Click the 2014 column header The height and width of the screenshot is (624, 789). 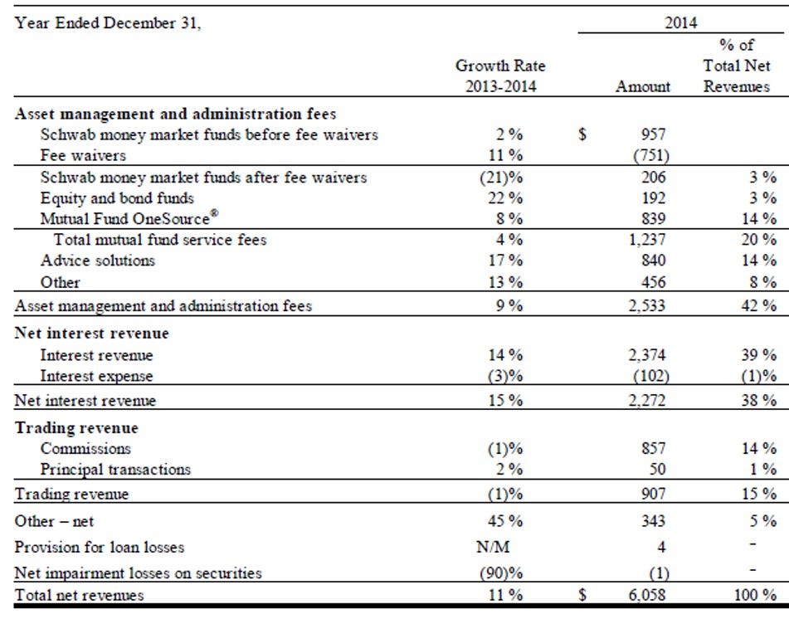point(681,22)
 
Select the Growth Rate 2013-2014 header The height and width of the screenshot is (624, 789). point(500,76)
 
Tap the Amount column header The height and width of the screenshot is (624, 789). point(643,86)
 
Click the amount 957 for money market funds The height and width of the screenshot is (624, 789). point(653,134)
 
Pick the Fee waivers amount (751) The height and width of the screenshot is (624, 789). point(651,155)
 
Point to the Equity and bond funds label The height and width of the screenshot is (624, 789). point(117,198)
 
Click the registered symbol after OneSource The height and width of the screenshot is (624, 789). point(214,213)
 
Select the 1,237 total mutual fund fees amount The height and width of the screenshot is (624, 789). point(647,240)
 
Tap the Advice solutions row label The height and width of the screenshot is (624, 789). point(98,261)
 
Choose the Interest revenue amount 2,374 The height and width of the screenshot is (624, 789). point(647,355)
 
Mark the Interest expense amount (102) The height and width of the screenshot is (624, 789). point(651,377)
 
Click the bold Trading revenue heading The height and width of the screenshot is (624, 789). point(76,427)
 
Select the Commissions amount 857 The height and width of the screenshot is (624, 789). point(653,448)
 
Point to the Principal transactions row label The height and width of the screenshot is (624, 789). point(115,470)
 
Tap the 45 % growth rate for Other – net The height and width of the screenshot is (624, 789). point(505,521)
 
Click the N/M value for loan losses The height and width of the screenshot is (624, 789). point(493,547)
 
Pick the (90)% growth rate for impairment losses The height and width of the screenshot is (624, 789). point(501,573)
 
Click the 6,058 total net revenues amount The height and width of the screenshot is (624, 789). point(647,595)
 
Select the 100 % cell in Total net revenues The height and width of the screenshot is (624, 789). point(755,595)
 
